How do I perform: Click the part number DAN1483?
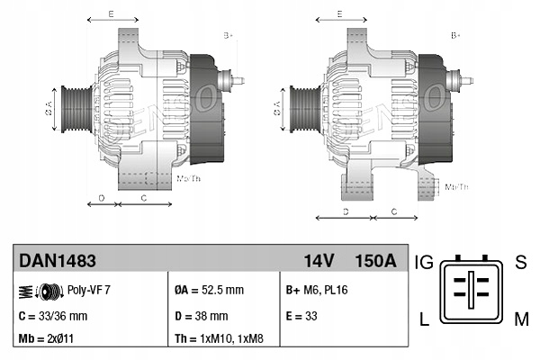(57, 261)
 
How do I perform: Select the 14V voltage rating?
(319, 261)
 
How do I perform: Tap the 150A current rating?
(376, 261)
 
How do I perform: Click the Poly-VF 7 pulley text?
(89, 291)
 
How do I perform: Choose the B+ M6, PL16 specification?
(323, 291)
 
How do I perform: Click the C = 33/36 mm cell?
(53, 316)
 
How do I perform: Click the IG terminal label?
(425, 263)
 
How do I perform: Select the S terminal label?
(520, 263)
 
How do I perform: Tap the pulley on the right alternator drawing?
(301, 109)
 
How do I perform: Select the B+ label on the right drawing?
(456, 35)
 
